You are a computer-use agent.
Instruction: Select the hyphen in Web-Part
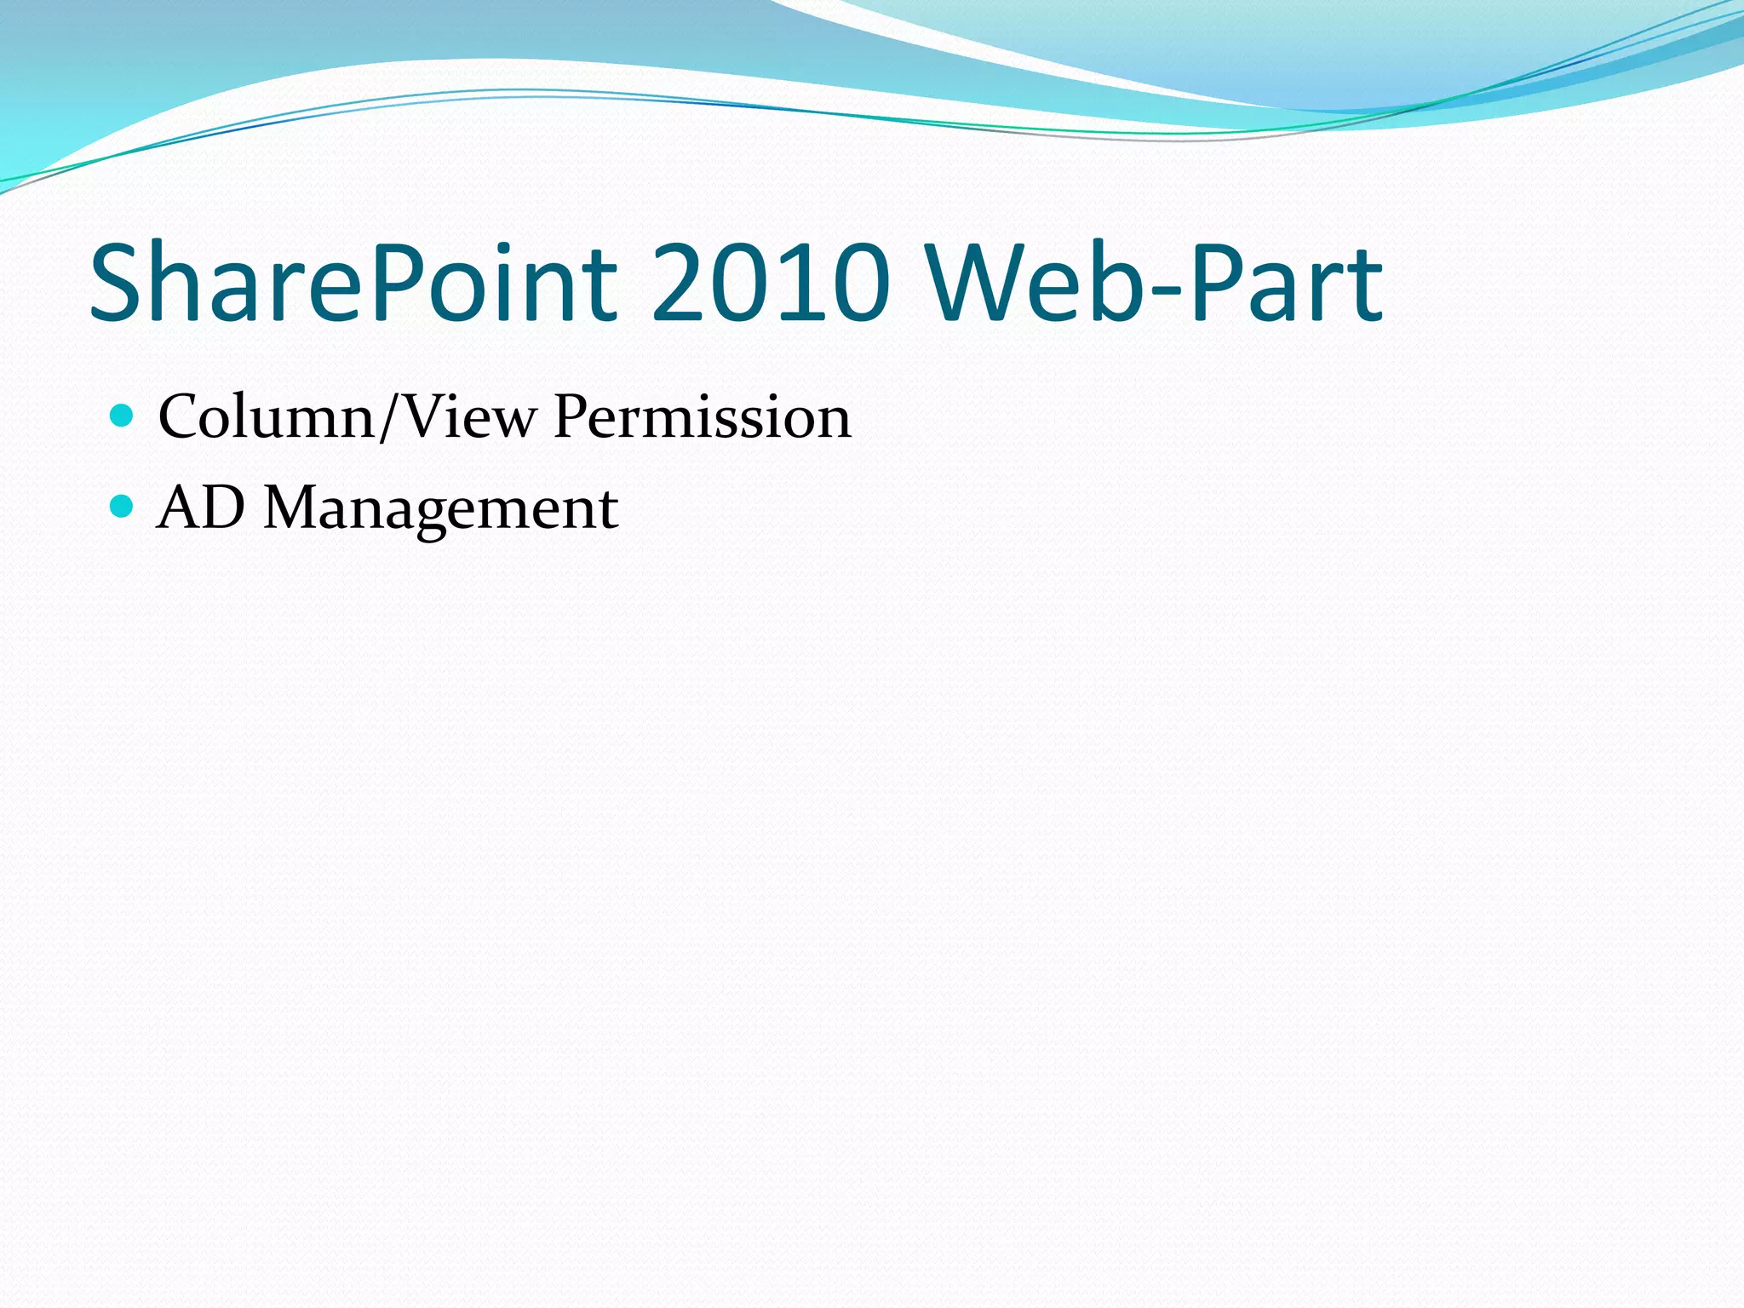pyautogui.click(x=1167, y=290)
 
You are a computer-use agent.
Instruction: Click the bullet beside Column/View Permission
pyautogui.click(x=123, y=416)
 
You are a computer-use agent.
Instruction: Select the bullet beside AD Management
pyautogui.click(x=123, y=507)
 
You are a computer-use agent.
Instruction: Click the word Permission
pyautogui.click(x=702, y=417)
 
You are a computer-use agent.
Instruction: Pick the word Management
pyautogui.click(x=440, y=508)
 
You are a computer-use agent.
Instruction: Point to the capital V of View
pyautogui.click(x=423, y=417)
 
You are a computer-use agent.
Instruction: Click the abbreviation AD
pyautogui.click(x=201, y=508)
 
